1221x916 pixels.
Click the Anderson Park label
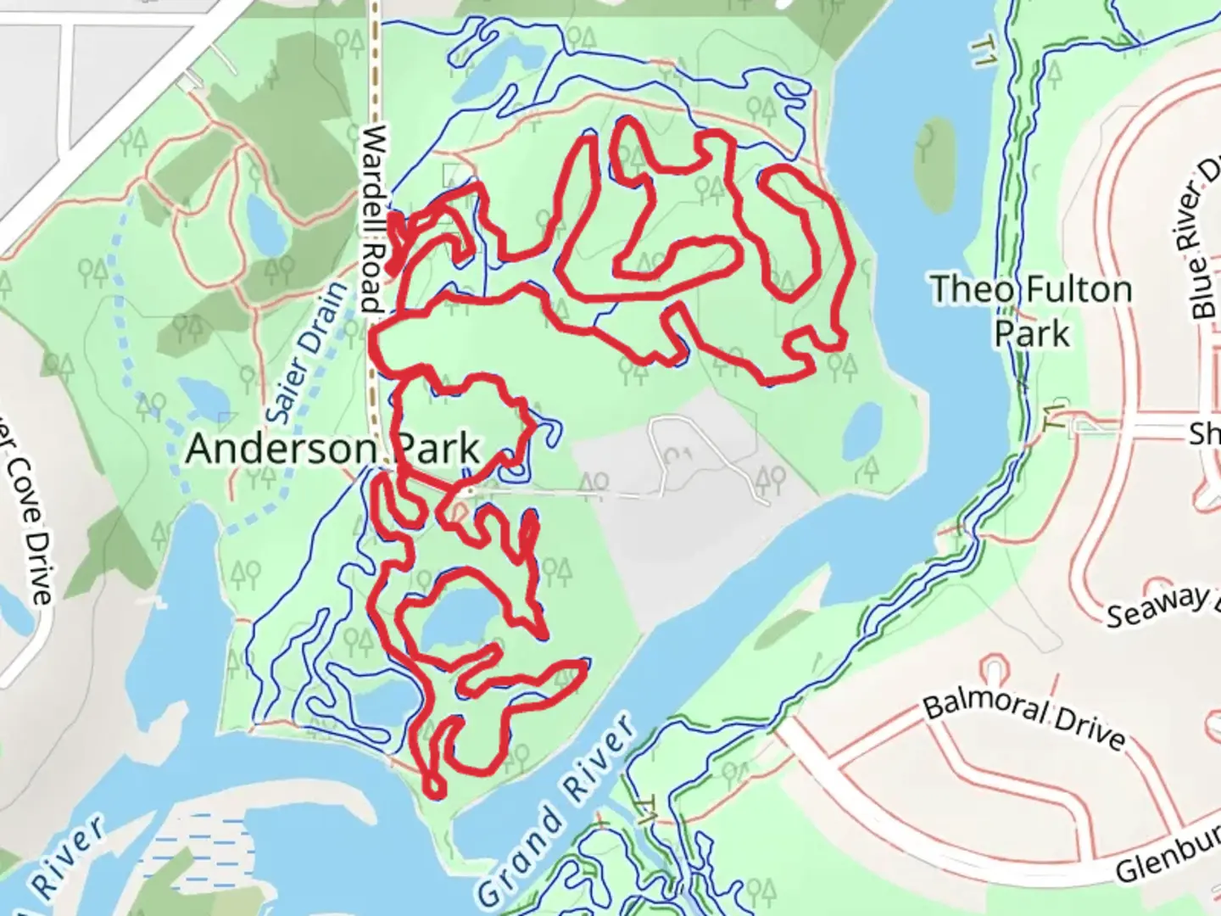pyautogui.click(x=332, y=449)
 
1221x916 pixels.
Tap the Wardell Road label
pyautogui.click(x=373, y=220)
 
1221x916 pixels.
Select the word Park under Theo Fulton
pyautogui.click(x=1032, y=333)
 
